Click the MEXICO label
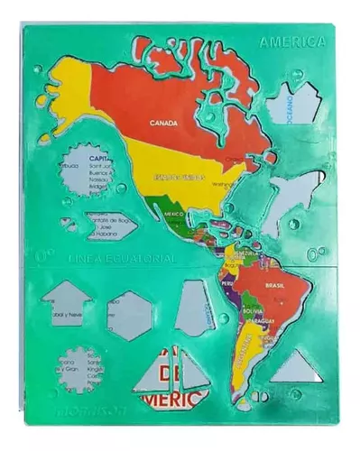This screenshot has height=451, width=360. [173, 214]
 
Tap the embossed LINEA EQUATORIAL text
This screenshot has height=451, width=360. [121, 259]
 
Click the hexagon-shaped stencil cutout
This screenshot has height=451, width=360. [129, 315]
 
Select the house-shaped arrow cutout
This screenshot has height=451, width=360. [67, 301]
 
